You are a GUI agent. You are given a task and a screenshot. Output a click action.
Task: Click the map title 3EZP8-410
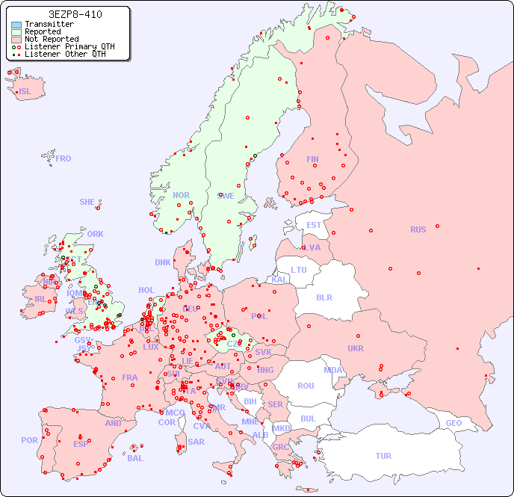point(75,14)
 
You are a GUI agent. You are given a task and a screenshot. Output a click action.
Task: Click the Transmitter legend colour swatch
point(16,25)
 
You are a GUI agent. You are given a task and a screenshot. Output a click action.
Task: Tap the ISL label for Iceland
point(25,92)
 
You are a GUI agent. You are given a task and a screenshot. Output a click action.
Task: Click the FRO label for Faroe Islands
point(64,158)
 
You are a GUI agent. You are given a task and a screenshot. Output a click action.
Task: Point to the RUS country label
point(418,229)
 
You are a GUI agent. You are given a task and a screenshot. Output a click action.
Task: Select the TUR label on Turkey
point(383,456)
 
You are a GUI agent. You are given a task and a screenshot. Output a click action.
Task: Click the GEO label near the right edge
point(453,423)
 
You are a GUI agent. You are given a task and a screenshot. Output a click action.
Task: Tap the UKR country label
point(356,348)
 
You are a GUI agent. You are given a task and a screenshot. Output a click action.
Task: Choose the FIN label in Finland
point(312,159)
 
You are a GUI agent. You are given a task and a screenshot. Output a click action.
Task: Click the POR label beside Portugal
point(29,440)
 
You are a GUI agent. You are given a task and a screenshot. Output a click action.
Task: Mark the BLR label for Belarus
point(323,297)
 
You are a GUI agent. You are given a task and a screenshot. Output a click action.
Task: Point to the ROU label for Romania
point(306,386)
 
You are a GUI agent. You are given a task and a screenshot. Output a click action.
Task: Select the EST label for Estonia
point(314,225)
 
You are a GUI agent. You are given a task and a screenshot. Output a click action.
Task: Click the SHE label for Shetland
point(87,202)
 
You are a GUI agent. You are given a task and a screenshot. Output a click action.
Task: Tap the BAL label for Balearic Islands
point(134,458)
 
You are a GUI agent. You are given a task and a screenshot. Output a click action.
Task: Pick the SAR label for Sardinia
point(196,442)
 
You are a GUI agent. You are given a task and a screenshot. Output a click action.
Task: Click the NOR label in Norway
point(181,195)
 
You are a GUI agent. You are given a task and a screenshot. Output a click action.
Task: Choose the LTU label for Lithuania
point(299,270)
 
